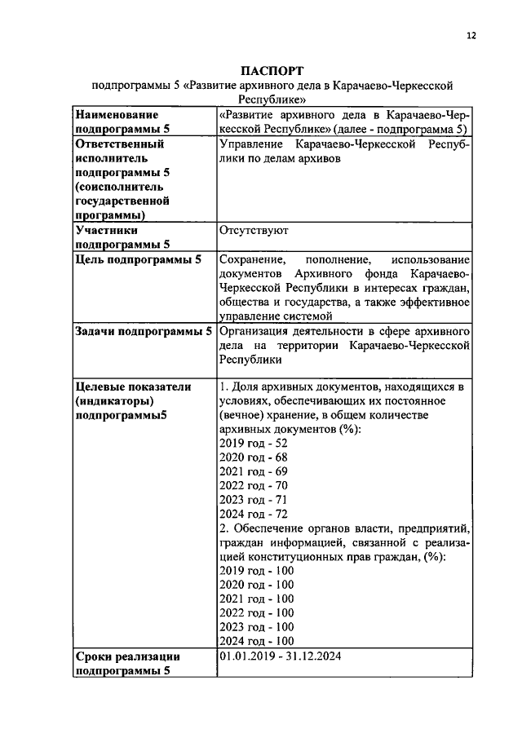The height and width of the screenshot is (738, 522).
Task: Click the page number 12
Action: click(471, 35)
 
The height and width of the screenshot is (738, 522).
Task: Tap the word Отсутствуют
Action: click(254, 231)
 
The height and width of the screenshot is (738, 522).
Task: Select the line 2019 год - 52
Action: click(254, 443)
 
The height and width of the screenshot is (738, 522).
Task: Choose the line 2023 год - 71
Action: click(254, 500)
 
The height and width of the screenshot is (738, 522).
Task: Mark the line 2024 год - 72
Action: click(254, 515)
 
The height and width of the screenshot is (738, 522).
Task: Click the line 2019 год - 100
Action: click(257, 571)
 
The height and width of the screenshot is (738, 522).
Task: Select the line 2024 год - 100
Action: click(257, 642)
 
